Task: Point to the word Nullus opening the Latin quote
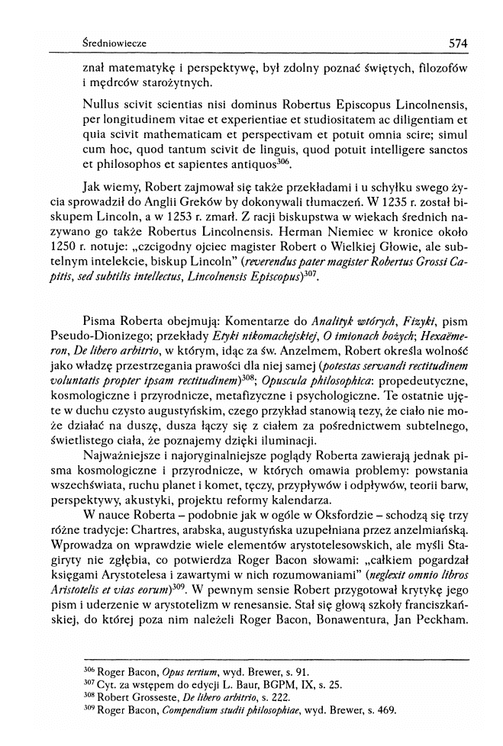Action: [x=103, y=101]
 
